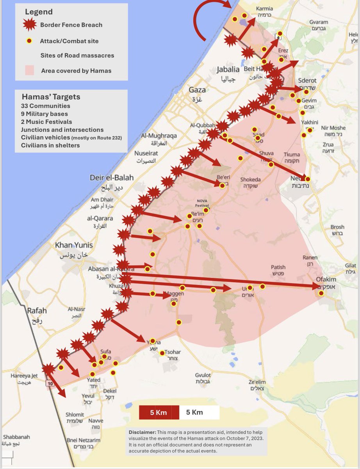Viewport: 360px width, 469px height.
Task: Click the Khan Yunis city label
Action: (x=74, y=245)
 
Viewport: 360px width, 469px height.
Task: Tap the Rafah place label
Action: (x=37, y=311)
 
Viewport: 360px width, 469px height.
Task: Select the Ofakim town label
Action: (x=326, y=279)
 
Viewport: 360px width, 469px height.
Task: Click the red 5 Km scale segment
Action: (x=159, y=412)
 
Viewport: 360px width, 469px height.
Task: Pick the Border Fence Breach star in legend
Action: (x=29, y=25)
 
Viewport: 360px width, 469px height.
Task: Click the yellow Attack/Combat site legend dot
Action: (x=29, y=41)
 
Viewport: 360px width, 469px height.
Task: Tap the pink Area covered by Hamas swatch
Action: (x=29, y=71)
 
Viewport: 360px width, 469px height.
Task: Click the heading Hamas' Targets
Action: (x=51, y=97)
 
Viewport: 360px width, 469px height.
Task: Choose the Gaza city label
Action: (x=197, y=90)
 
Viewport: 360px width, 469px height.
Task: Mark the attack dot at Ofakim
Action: (x=321, y=293)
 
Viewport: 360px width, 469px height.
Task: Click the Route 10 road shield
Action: (x=50, y=383)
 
